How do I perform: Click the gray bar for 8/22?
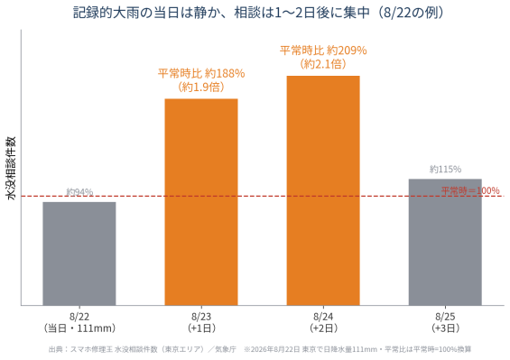click(x=79, y=254)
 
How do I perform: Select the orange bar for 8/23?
click(x=201, y=202)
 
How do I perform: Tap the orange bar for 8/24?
click(x=323, y=190)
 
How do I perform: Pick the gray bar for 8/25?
click(x=445, y=243)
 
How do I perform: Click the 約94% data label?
click(x=79, y=192)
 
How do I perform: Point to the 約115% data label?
click(x=445, y=169)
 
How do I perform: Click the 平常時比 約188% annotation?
click(x=201, y=73)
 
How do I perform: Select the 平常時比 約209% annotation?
click(x=323, y=51)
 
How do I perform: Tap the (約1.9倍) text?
click(x=201, y=87)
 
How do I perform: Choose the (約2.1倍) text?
click(x=323, y=64)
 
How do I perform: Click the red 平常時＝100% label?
click(x=470, y=190)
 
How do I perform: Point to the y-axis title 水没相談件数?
click(x=11, y=168)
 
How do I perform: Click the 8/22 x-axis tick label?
click(x=79, y=316)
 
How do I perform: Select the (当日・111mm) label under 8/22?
click(x=79, y=328)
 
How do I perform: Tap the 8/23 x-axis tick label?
click(x=201, y=316)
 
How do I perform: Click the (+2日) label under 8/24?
click(x=323, y=328)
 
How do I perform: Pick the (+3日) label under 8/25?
click(x=445, y=328)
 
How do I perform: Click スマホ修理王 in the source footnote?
click(x=91, y=349)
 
